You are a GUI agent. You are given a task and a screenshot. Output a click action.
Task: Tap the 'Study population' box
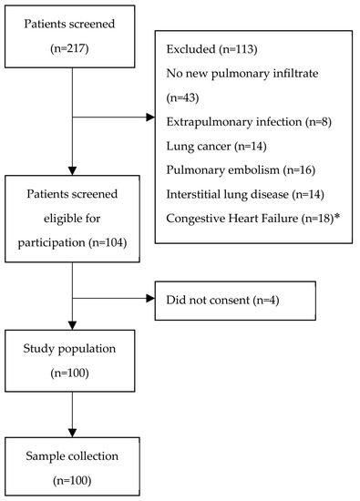click(x=71, y=360)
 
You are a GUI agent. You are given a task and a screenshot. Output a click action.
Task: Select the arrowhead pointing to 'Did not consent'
click(x=152, y=297)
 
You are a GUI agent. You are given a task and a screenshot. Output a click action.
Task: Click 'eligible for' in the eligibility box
click(x=71, y=219)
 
